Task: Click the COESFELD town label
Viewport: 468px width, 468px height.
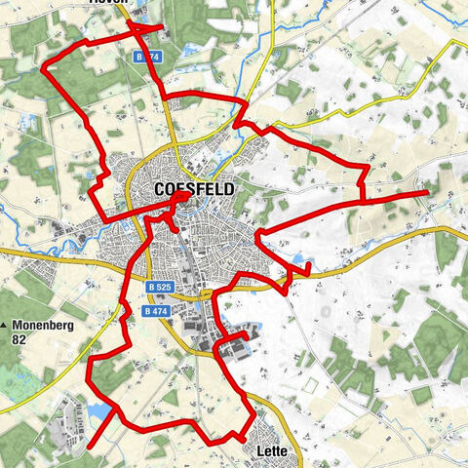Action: coord(194,190)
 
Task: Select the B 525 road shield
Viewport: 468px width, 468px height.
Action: coord(161,288)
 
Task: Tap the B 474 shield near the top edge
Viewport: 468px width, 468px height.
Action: coord(146,58)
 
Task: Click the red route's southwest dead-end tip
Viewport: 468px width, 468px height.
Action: coord(89,448)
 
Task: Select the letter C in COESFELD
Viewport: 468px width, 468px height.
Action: coord(160,190)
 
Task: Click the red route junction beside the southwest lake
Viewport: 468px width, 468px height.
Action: coord(114,412)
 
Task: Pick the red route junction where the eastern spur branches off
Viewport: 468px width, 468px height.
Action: coord(363,199)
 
